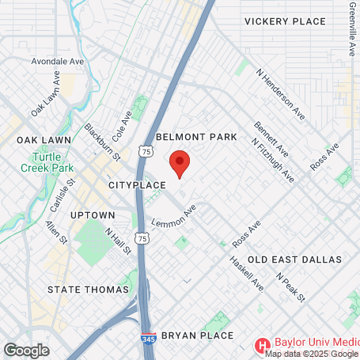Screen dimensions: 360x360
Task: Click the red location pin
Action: point(180,162)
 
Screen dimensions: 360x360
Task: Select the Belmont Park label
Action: point(196,137)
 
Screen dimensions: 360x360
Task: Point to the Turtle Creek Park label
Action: point(47,162)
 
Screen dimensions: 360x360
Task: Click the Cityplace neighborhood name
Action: point(137,184)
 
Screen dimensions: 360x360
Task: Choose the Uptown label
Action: point(93,214)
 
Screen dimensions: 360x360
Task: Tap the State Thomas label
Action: point(88,290)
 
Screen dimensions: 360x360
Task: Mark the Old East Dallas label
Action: point(294,260)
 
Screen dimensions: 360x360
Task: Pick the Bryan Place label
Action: point(197,335)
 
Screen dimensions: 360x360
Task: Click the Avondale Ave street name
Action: point(56,61)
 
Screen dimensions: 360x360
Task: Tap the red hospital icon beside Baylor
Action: point(262,345)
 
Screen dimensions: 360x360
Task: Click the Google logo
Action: point(26,350)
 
